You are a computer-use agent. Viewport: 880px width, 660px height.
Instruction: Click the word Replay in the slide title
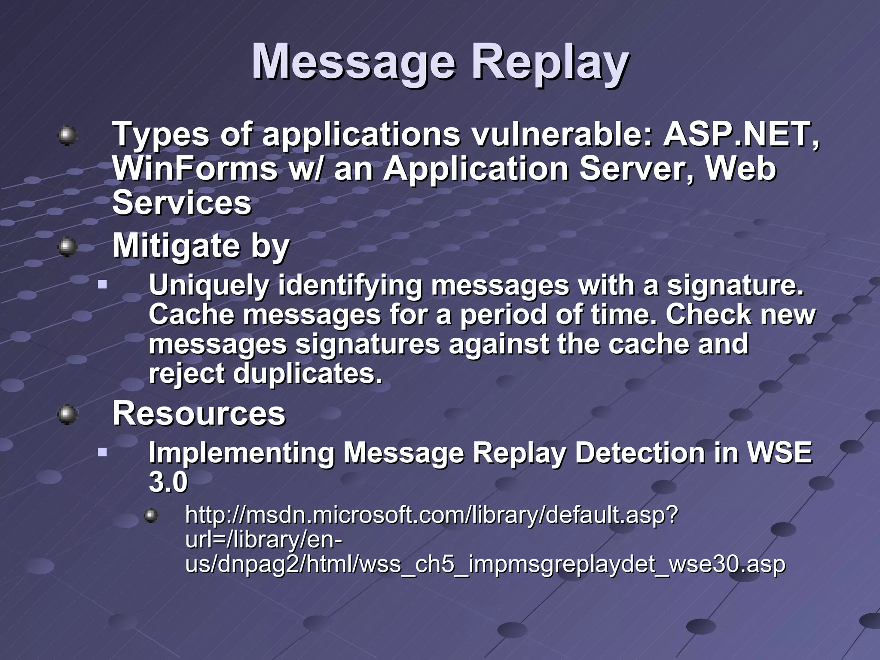(550, 63)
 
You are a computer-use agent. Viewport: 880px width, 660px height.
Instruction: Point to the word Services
(181, 203)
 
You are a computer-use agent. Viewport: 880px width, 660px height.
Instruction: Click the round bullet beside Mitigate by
(67, 247)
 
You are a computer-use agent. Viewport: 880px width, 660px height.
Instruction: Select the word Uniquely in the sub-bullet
(208, 286)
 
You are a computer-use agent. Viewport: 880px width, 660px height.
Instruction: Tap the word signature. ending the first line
(735, 286)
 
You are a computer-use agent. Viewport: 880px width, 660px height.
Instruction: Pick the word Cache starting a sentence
(191, 315)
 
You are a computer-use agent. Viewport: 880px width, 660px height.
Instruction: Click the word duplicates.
(307, 373)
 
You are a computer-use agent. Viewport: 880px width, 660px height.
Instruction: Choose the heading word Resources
(199, 413)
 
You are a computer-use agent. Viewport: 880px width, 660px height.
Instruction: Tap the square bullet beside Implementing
(102, 452)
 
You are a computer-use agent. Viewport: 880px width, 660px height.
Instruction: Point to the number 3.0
(168, 482)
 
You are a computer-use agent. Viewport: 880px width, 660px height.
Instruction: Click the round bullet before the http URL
(151, 515)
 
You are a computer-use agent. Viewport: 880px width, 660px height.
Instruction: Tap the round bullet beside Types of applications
(67, 136)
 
